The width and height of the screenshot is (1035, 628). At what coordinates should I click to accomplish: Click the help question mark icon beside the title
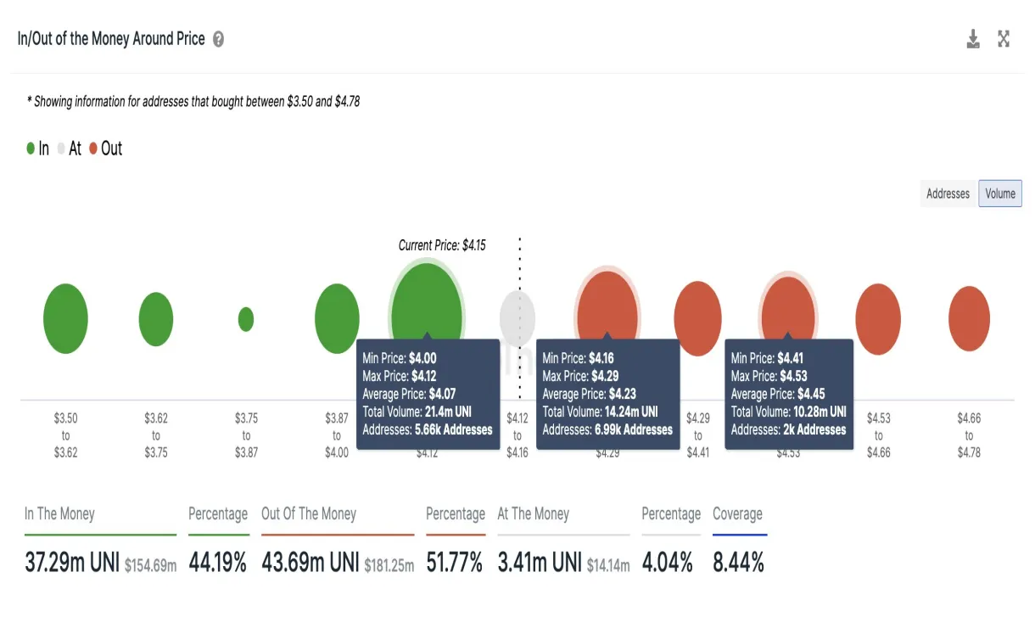(x=218, y=39)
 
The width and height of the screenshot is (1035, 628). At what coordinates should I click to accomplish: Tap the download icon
(x=973, y=39)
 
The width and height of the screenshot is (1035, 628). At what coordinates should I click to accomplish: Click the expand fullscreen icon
(x=1004, y=39)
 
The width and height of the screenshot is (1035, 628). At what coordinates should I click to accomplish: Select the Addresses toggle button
(x=948, y=193)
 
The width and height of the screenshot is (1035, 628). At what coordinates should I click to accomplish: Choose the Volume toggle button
(x=1000, y=193)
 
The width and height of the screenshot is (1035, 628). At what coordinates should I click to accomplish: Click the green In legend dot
(x=31, y=149)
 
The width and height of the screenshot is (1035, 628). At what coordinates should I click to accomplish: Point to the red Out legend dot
(x=93, y=149)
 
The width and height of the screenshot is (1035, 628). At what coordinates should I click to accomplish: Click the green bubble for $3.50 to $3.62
(x=65, y=319)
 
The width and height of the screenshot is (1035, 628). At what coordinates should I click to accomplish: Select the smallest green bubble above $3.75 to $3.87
(x=246, y=319)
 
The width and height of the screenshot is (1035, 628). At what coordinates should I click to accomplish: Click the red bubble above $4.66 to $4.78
(x=969, y=319)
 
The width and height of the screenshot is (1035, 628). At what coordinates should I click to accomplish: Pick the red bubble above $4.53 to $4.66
(x=878, y=319)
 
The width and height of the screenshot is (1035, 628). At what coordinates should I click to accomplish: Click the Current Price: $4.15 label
(x=442, y=245)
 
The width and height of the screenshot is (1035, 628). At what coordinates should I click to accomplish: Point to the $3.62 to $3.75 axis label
(x=156, y=435)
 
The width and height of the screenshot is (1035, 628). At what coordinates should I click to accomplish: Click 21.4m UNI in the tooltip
(x=448, y=412)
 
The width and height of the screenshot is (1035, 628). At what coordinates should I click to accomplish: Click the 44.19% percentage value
(x=218, y=562)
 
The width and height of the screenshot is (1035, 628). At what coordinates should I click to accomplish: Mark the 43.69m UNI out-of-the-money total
(x=310, y=562)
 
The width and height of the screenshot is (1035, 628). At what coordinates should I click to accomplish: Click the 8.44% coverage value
(x=738, y=562)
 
